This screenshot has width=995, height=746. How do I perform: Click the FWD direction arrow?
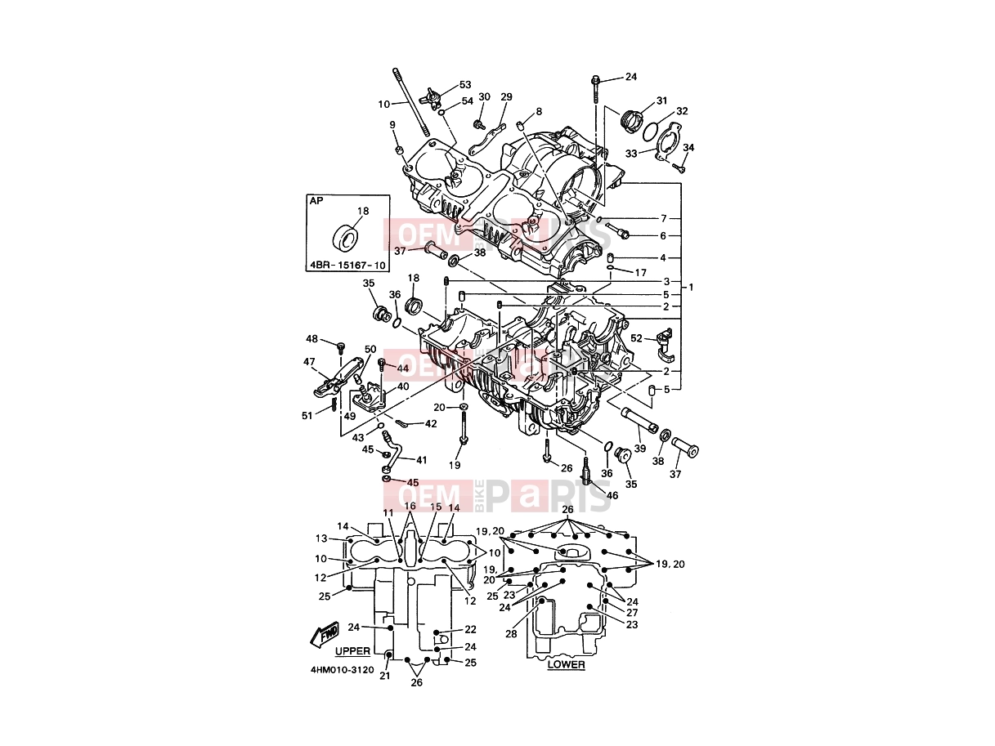325,634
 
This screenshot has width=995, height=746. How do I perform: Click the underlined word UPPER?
352,651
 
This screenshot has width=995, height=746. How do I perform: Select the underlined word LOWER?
566,664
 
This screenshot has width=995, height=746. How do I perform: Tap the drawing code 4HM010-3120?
343,670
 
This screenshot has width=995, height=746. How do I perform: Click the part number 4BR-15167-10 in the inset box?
347,265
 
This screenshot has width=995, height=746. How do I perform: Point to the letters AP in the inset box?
316,201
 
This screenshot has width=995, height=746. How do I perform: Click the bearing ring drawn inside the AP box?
345,237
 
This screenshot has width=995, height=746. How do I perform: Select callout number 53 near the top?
465,85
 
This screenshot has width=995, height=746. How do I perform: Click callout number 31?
661,101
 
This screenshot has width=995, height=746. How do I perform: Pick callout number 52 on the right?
636,338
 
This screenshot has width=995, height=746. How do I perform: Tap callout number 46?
612,495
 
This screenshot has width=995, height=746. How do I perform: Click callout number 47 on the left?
309,362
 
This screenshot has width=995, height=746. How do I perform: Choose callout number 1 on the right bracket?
691,287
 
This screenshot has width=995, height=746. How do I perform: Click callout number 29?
506,97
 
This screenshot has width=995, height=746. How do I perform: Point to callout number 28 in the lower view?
511,634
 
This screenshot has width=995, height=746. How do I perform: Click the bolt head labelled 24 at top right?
595,82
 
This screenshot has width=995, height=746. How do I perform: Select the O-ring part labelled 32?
651,130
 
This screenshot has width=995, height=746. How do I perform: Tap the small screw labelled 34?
679,168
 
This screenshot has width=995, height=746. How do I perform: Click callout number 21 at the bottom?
385,676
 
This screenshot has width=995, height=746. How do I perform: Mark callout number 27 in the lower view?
632,613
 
